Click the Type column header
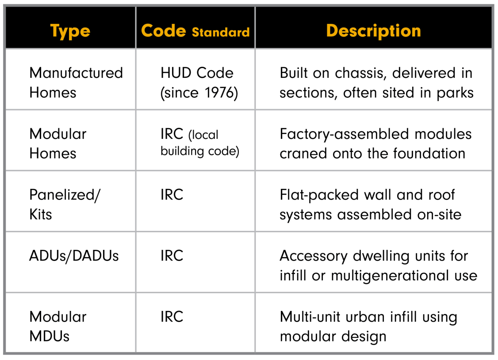pyautogui.click(x=70, y=31)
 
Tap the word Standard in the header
pyautogui.click(x=221, y=32)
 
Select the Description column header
pyautogui.click(x=373, y=31)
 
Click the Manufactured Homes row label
pyautogui.click(x=76, y=83)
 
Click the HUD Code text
pyautogui.click(x=197, y=73)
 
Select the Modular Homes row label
pyautogui.click(x=58, y=143)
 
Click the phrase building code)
pyautogui.click(x=200, y=151)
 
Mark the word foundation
pyautogui.click(x=429, y=153)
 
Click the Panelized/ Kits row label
pyautogui.click(x=65, y=204)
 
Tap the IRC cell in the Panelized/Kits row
pyautogui.click(x=172, y=195)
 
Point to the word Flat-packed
pyautogui.click(x=319, y=195)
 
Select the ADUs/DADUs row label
pyautogui.click(x=74, y=256)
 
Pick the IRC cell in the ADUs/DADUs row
pyautogui.click(x=172, y=256)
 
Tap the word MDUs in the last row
pyautogui.click(x=49, y=336)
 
